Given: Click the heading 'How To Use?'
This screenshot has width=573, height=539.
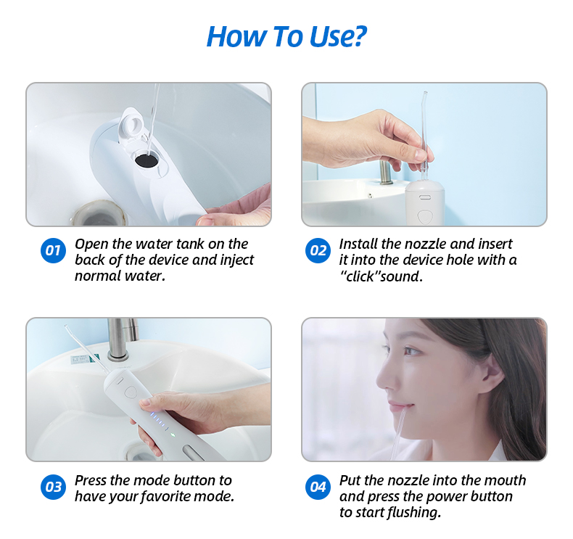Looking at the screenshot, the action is click(x=286, y=36).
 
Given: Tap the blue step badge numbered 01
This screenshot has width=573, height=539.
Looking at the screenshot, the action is click(x=53, y=251).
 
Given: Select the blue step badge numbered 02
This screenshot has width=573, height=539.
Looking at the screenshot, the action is click(x=318, y=251).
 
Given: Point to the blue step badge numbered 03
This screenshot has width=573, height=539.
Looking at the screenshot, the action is click(x=53, y=487).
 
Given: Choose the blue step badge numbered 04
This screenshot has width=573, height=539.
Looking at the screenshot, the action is click(x=318, y=487).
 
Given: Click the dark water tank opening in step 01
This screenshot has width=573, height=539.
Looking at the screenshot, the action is click(x=147, y=160).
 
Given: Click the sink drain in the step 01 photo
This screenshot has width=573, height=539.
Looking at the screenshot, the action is click(x=99, y=213).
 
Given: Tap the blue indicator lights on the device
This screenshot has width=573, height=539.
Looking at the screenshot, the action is click(x=160, y=421).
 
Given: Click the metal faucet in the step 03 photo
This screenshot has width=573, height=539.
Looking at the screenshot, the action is click(x=121, y=338).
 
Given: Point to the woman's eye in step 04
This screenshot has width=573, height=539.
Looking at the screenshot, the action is click(x=411, y=351).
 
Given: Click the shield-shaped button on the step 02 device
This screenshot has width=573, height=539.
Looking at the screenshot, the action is click(x=424, y=216).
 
